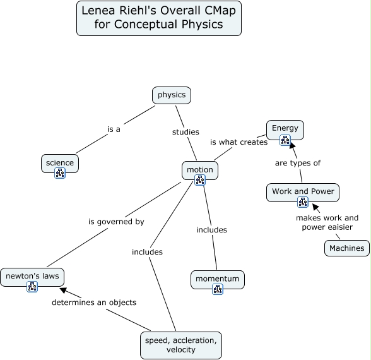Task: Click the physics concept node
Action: (172, 95)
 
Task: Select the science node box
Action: (60, 164)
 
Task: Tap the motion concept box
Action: (200, 171)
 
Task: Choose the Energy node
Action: (285, 130)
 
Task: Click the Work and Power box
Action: (303, 192)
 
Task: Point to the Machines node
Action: (347, 248)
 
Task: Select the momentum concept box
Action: (218, 279)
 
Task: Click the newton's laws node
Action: (32, 277)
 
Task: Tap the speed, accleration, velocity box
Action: (181, 345)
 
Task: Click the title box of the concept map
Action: (159, 18)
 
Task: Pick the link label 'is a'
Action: (114, 129)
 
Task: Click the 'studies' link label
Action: (185, 132)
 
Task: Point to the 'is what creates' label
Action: (239, 142)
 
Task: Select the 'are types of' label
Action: (298, 163)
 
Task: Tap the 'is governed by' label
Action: (116, 222)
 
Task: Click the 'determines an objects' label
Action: (94, 303)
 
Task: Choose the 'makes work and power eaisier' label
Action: (327, 222)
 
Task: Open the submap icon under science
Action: (60, 173)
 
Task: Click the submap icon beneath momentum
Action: (218, 289)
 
